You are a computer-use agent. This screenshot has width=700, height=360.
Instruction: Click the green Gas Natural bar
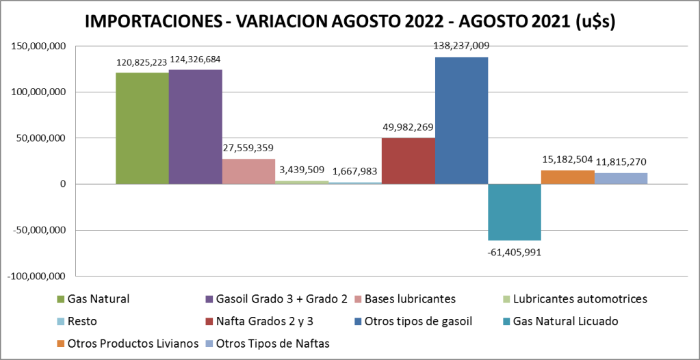(x=142, y=128)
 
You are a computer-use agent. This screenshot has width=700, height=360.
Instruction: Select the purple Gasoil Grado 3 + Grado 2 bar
(x=195, y=127)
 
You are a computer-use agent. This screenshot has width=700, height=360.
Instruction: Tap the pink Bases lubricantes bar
(x=248, y=171)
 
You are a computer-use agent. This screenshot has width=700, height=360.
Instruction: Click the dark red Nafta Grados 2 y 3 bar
(x=408, y=161)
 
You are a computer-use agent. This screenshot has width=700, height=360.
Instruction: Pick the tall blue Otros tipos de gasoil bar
(x=461, y=120)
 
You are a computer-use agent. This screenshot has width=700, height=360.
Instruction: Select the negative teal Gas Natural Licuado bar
(x=515, y=212)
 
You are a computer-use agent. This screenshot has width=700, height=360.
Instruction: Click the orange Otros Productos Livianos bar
(x=567, y=177)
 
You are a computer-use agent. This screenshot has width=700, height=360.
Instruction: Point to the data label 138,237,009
(x=461, y=46)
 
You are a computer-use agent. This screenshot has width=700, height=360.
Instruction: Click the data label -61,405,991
(x=515, y=252)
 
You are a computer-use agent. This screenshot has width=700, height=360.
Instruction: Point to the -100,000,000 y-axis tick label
(x=37, y=276)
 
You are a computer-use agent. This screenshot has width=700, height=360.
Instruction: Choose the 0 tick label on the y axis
(x=63, y=184)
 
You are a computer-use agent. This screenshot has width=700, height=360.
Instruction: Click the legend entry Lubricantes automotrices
(x=580, y=298)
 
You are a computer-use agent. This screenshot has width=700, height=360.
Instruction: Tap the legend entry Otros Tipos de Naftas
(x=272, y=343)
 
